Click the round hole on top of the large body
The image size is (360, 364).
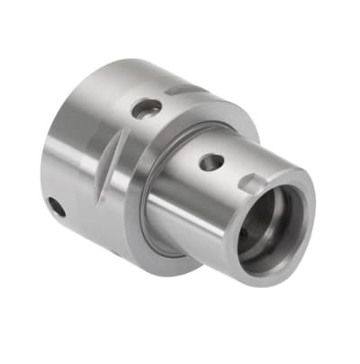[146, 108]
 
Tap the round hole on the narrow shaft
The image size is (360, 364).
[211, 163]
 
